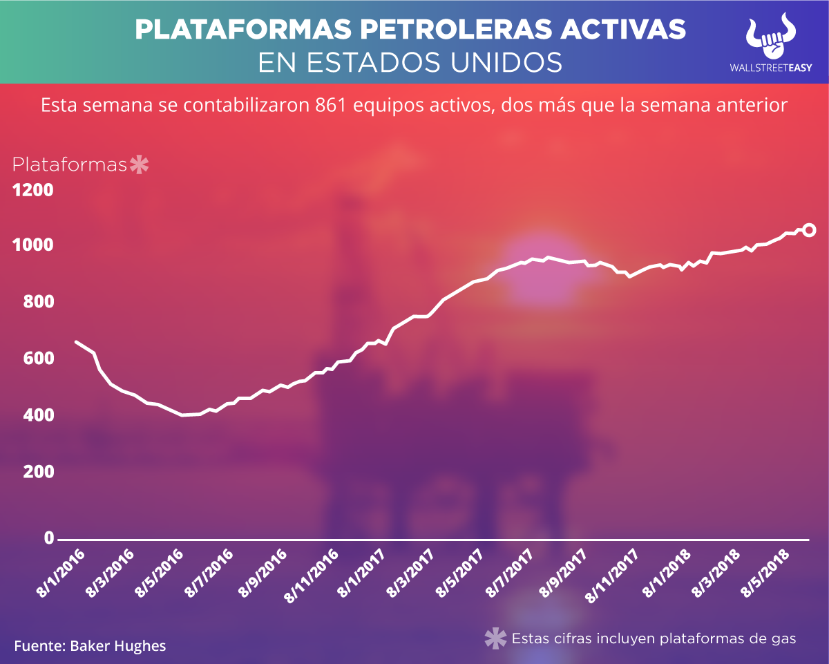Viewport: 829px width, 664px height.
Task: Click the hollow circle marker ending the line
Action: pos(809,230)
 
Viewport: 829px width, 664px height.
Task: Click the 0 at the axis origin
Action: pos(49,538)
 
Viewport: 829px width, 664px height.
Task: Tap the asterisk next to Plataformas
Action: pos(140,165)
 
